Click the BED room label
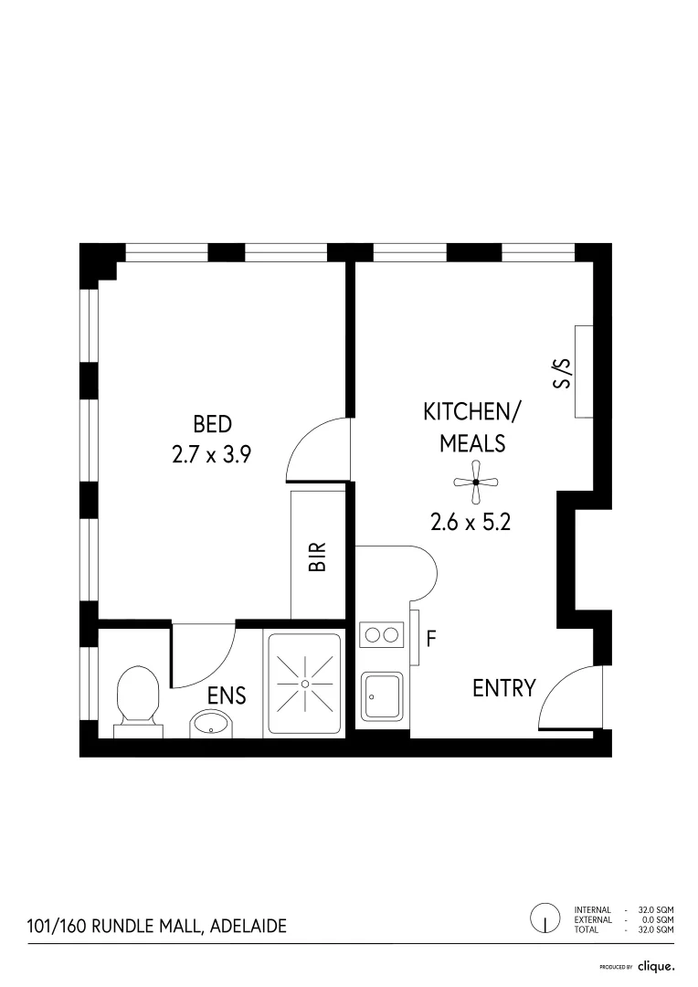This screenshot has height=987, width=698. point(212,424)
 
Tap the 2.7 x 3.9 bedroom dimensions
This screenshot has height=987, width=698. point(212,454)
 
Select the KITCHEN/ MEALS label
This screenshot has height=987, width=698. point(471,427)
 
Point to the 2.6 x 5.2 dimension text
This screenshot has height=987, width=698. point(471,522)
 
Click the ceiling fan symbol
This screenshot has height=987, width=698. point(476,482)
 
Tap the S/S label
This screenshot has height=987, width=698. point(563,373)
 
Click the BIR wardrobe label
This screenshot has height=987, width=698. point(317,557)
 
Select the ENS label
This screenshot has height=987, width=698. point(227,695)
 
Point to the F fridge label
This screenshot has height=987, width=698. point(431,638)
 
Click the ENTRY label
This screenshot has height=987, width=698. point(503,688)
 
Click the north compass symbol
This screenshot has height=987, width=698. point(545,918)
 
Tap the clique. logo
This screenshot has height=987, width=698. point(655,966)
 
